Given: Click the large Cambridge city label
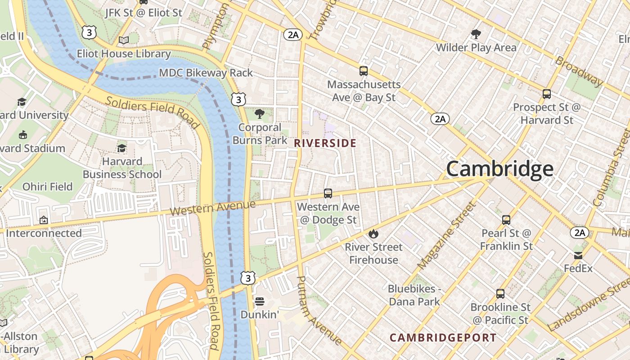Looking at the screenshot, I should [499, 169].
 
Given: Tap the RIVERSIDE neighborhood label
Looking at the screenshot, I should [325, 144].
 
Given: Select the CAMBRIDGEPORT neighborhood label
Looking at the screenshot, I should [443, 337].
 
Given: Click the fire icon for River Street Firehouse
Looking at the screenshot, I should [373, 234].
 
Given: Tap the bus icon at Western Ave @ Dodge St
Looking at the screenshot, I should [328, 193].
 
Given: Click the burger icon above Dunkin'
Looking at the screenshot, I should [259, 301].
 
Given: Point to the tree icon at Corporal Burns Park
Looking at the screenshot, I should [259, 113].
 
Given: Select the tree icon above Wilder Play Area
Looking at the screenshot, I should [476, 34].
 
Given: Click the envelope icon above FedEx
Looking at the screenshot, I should [578, 256].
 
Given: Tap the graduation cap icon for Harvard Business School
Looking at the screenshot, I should [121, 148].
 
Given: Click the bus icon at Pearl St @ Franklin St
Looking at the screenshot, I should [506, 220].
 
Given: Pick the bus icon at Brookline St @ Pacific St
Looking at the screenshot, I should [500, 294].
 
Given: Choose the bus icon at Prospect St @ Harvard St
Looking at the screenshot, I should [547, 94].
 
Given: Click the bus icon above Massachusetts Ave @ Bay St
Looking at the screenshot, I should [363, 71].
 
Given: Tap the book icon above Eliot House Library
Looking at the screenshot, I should [123, 40].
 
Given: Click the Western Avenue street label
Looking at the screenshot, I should [213, 208].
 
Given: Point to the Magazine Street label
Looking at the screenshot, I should [446, 236].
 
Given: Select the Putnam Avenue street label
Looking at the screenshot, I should [318, 310].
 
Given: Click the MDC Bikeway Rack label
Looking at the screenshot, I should [206, 73].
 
